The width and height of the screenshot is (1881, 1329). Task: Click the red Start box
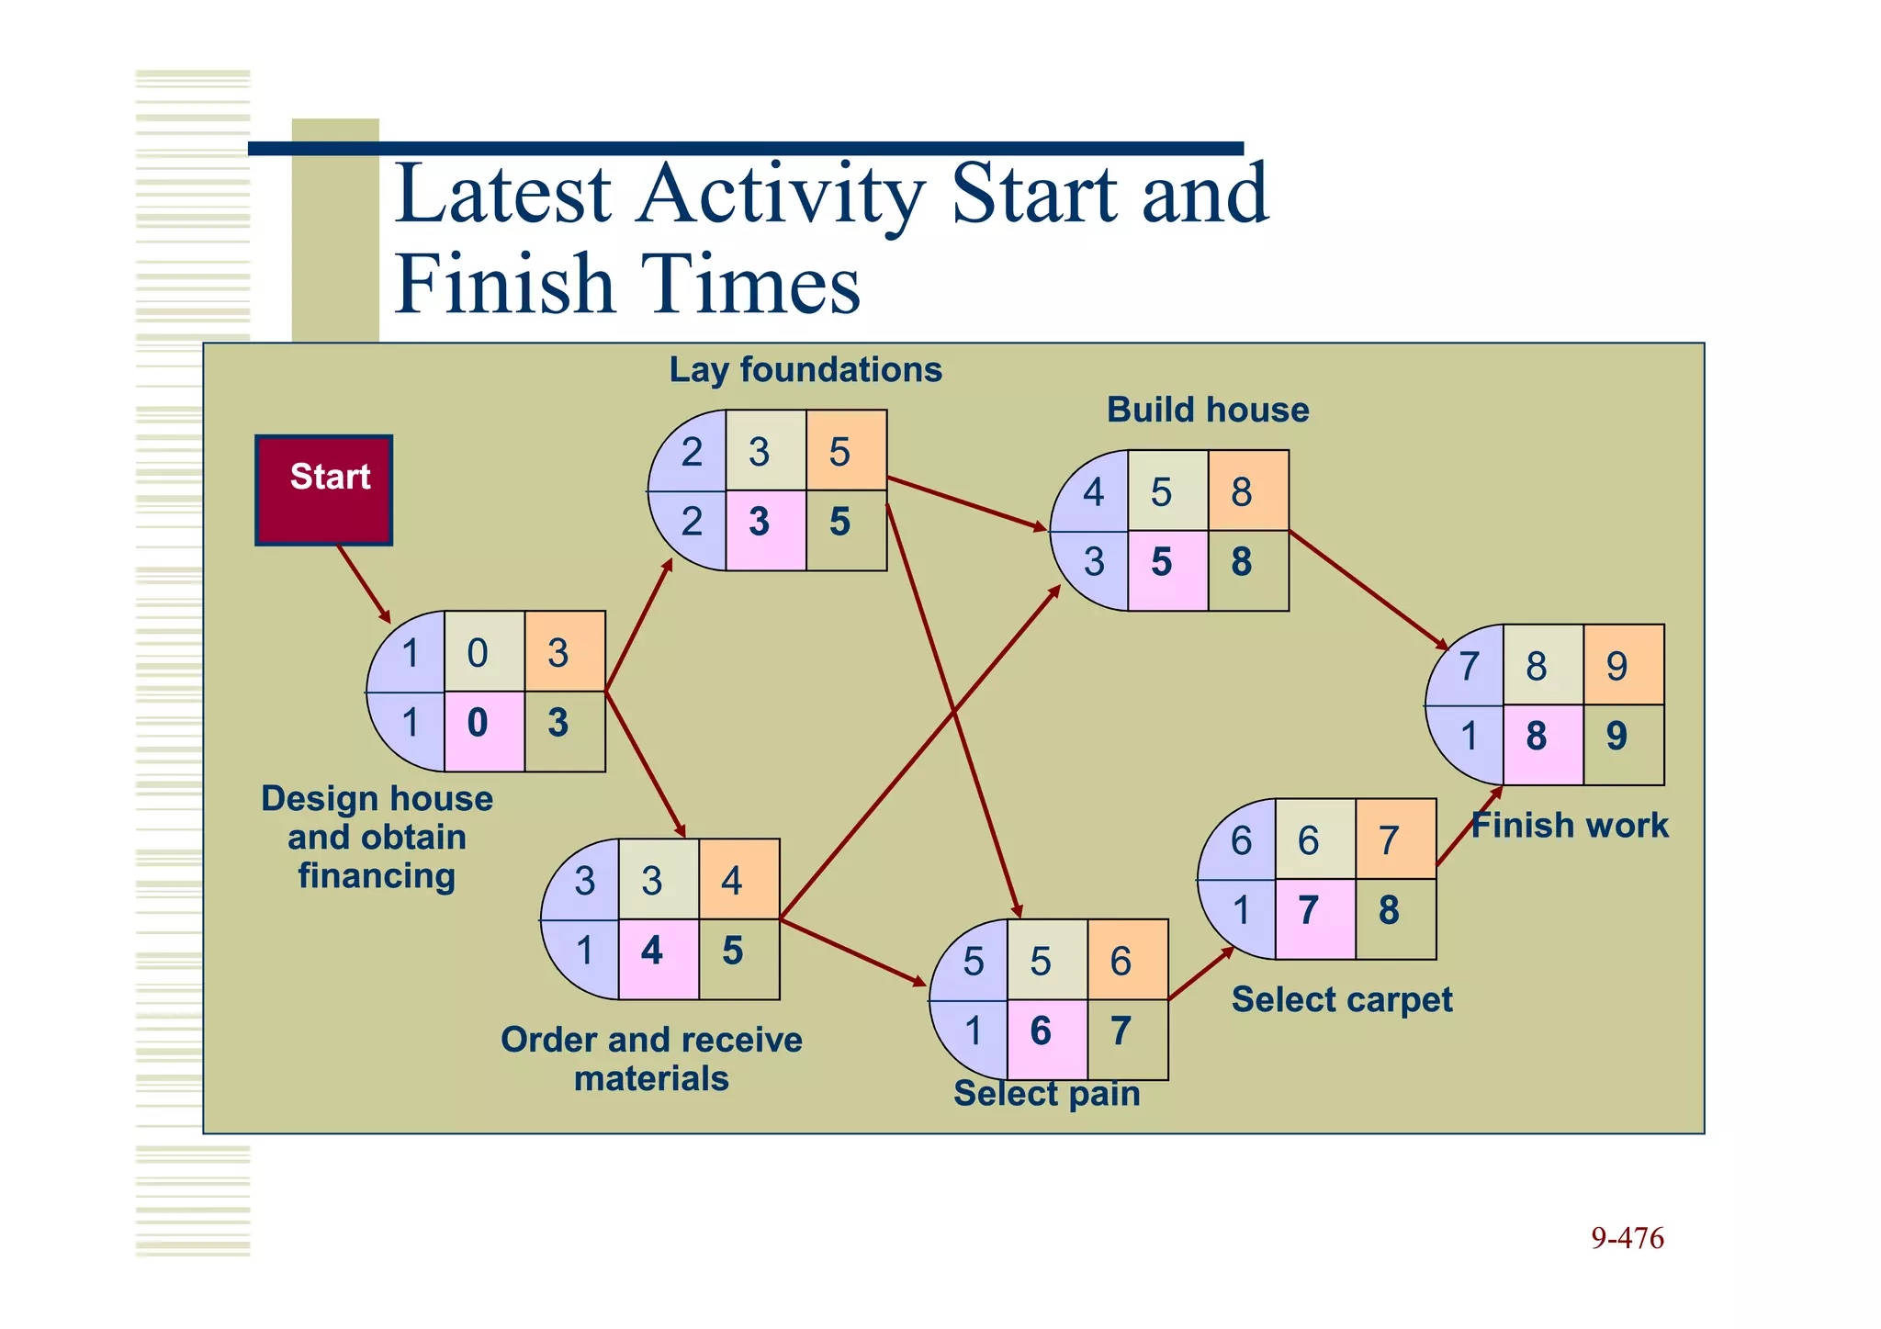tap(323, 490)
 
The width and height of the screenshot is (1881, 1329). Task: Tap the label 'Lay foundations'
tap(805, 369)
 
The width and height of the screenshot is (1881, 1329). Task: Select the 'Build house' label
tap(1207, 410)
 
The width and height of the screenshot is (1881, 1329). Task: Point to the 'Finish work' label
tap(1570, 825)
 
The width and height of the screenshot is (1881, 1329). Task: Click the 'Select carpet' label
tap(1341, 999)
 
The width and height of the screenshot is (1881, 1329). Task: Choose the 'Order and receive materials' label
tap(651, 1058)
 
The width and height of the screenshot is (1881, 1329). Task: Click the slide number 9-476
tap(1627, 1238)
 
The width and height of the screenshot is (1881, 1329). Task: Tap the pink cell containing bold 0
tap(484, 731)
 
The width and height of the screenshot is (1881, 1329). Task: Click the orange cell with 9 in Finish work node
tap(1623, 665)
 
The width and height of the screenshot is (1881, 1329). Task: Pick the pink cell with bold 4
tap(659, 959)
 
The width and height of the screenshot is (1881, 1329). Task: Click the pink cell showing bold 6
tap(1047, 1040)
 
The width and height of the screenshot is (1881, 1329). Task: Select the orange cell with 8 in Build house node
tap(1248, 490)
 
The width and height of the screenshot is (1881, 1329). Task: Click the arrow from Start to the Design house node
tap(364, 583)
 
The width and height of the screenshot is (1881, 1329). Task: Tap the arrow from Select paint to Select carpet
tap(1201, 973)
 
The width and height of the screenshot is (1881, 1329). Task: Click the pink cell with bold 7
tap(1315, 918)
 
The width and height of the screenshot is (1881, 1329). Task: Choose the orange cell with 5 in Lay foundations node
tap(846, 450)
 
